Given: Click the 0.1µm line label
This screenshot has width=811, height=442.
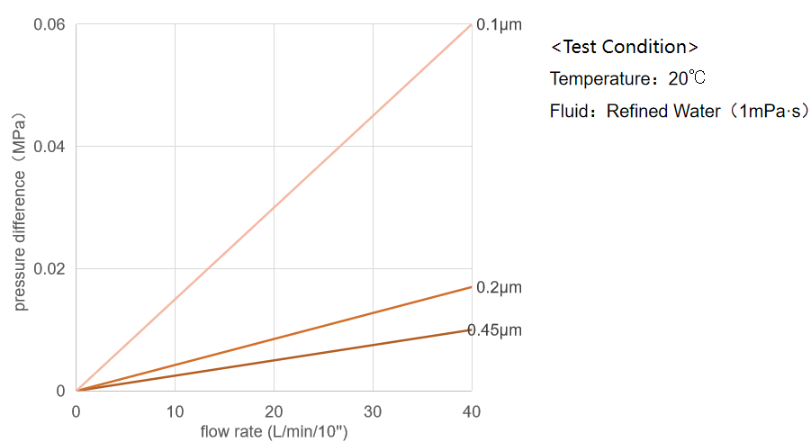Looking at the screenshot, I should click(x=499, y=24).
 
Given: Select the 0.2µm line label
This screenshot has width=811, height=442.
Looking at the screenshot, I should click(x=499, y=287).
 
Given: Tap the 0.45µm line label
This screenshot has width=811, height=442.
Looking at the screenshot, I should click(x=495, y=330).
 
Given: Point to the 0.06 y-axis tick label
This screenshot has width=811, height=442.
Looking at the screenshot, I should click(x=50, y=24).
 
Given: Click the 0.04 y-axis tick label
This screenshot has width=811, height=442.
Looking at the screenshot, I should click(x=50, y=146).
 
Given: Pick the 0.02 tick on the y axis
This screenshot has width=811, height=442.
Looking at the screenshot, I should click(x=50, y=268).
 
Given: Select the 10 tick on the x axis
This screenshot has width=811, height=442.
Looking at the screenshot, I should click(x=175, y=411).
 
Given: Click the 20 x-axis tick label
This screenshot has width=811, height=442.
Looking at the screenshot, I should click(x=274, y=411).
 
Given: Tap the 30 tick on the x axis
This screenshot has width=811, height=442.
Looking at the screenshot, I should click(x=373, y=411).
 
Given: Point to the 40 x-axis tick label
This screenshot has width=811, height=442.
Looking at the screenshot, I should click(x=472, y=411).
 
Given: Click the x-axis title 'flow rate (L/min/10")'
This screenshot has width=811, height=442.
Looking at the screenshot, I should click(x=274, y=432).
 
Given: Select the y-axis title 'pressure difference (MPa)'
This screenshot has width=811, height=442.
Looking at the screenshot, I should click(x=19, y=212).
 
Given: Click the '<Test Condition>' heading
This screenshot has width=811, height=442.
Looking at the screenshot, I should click(x=624, y=47).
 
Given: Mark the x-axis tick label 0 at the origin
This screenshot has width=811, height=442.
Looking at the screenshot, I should click(x=76, y=411).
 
